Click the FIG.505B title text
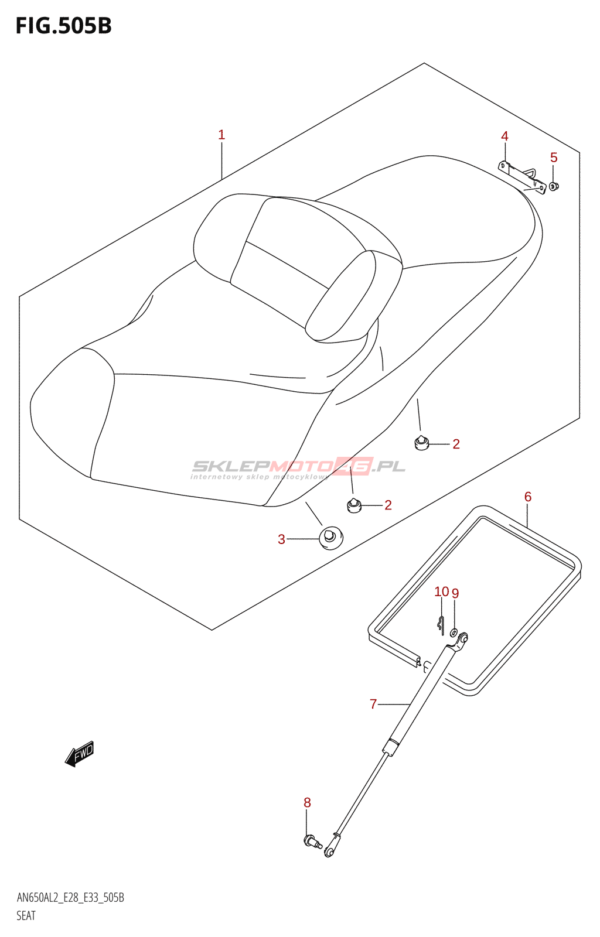tap(64, 26)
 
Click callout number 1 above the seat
tap(221, 135)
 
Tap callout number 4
tap(504, 136)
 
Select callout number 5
tap(554, 158)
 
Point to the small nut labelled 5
tap(554, 187)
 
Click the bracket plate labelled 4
tap(522, 179)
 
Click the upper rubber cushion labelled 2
tap(421, 442)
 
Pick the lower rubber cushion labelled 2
tap(354, 505)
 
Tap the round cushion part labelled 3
tap(331, 538)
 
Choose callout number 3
tap(282, 539)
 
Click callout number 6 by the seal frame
tap(527, 497)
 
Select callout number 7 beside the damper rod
tap(373, 704)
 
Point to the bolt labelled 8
tap(312, 842)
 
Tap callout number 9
tap(455, 593)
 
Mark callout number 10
tap(441, 591)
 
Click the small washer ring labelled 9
tap(454, 632)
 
